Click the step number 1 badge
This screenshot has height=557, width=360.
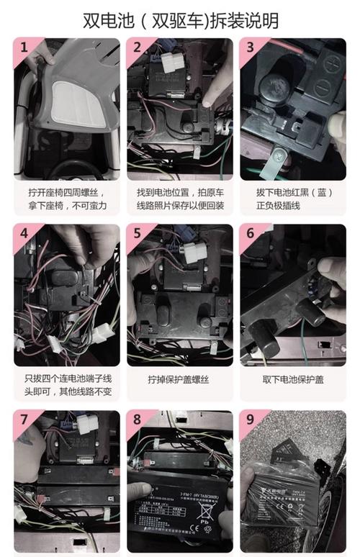(24, 47)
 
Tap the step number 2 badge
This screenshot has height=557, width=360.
(136, 47)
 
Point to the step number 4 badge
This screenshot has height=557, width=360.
(24, 234)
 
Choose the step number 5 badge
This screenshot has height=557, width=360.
(136, 234)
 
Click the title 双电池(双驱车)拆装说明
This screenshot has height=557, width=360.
(180, 20)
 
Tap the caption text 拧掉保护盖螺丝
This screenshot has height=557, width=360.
(179, 379)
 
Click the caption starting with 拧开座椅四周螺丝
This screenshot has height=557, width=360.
(67, 199)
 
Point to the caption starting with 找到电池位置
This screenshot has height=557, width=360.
(179, 199)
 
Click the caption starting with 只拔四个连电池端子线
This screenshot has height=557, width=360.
(67, 385)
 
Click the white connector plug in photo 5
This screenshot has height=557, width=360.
(192, 251)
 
